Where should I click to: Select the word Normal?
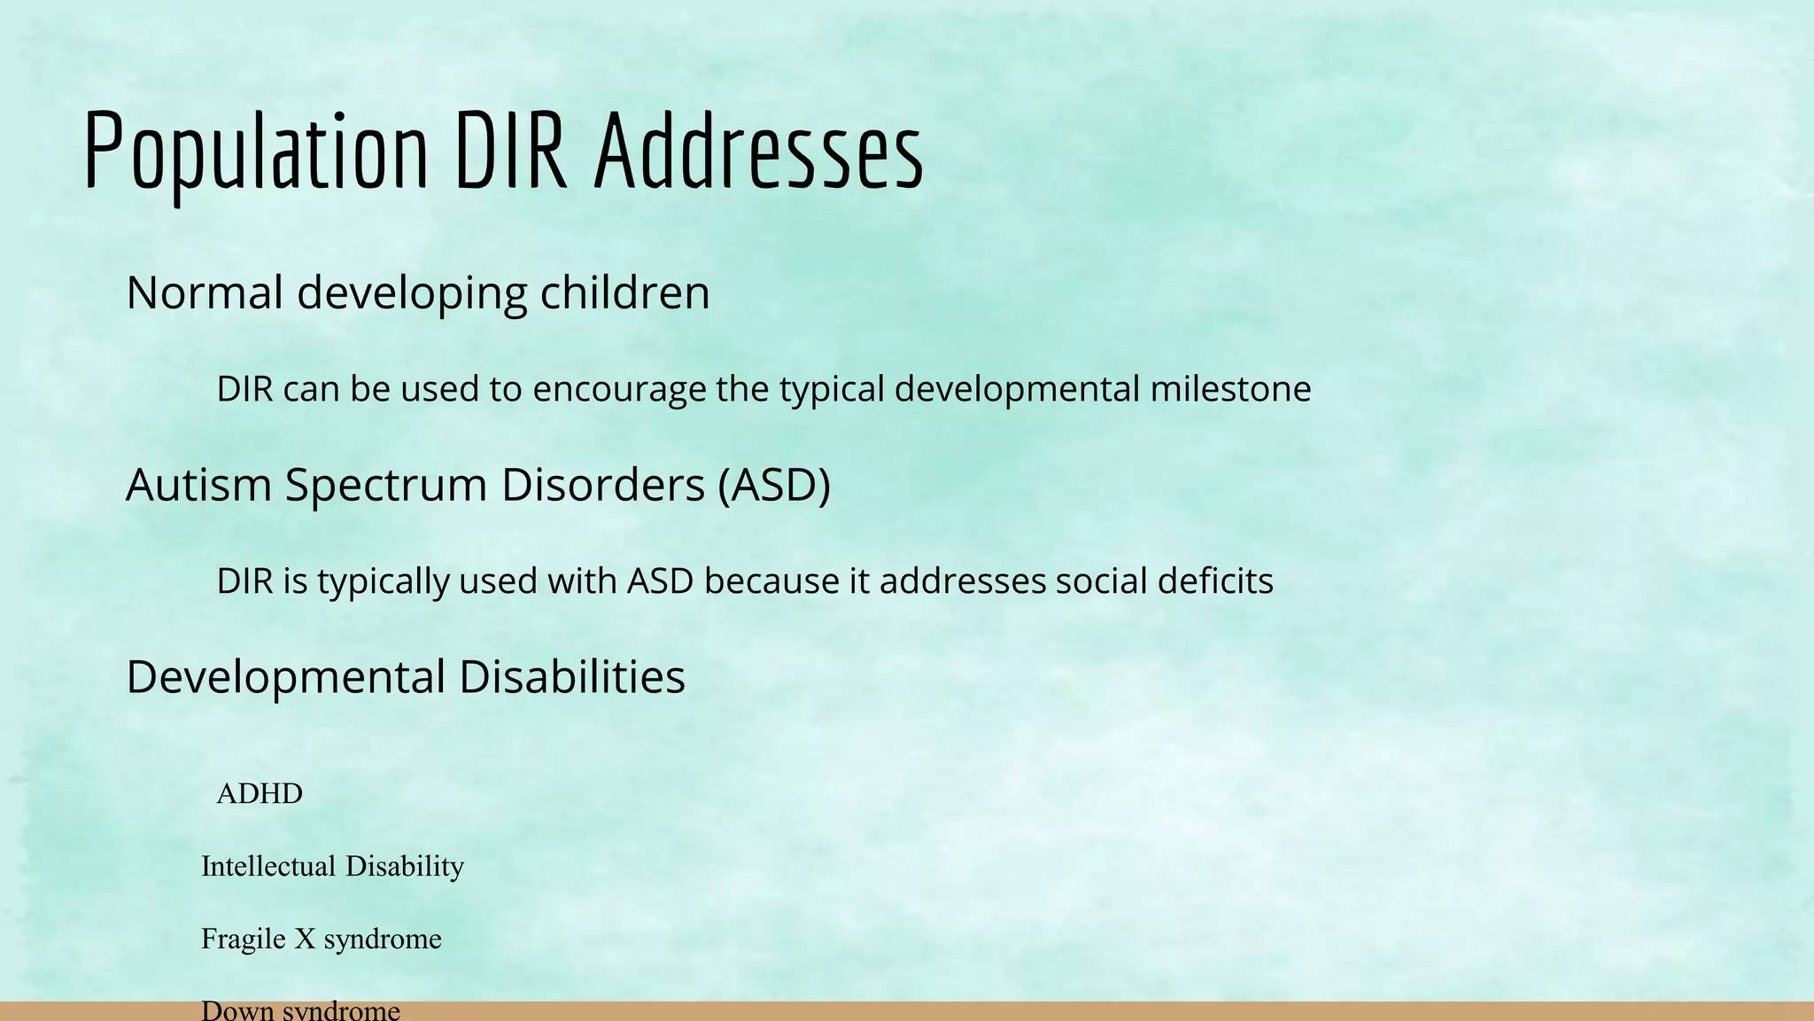[205, 292]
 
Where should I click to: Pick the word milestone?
[1230, 389]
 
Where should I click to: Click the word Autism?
[198, 485]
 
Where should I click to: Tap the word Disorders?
[602, 485]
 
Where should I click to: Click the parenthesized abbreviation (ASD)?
[774, 485]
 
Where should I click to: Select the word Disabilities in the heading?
[572, 677]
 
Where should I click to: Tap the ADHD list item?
[260, 793]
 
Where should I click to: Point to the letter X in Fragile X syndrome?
[305, 939]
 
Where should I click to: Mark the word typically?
[384, 582]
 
